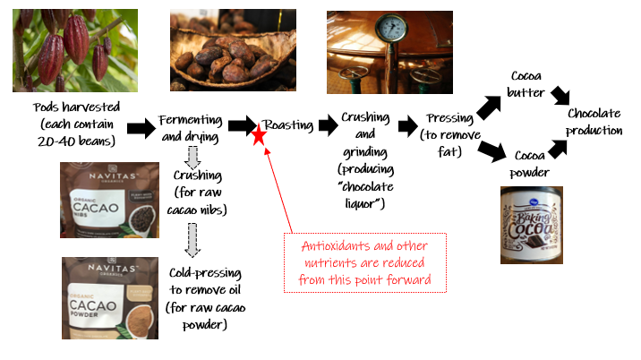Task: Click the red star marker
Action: pyautogui.click(x=259, y=136)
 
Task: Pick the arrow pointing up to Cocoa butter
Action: pyautogui.click(x=489, y=107)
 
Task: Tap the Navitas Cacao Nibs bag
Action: pyautogui.click(x=100, y=204)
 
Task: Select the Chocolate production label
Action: pyautogui.click(x=594, y=122)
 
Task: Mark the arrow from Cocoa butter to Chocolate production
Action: pyautogui.click(x=560, y=95)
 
